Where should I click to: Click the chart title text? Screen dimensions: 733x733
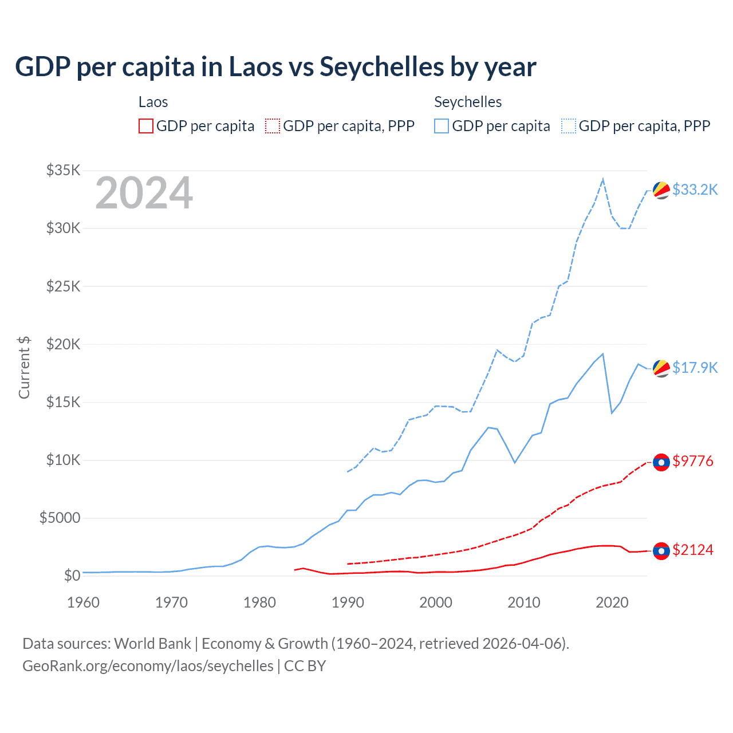point(275,67)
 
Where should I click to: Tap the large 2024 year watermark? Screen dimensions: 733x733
point(144,193)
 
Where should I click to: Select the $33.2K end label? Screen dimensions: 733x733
point(695,190)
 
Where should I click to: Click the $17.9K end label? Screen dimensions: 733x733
point(695,368)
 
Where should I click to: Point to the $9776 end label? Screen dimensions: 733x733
point(693,461)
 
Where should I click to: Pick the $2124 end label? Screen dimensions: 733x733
point(693,550)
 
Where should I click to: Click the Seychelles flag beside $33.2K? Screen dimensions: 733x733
point(661,191)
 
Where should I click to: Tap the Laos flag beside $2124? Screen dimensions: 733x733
point(661,551)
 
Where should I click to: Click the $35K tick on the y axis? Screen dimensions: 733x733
point(64,170)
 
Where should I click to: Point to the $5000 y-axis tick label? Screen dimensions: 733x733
point(60,518)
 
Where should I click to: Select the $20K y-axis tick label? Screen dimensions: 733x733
point(64,344)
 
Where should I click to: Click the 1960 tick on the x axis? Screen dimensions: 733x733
point(84,602)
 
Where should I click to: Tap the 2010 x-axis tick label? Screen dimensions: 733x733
point(524,602)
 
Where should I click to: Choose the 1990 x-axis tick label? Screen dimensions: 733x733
point(348,602)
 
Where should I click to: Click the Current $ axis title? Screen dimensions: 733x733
point(24,368)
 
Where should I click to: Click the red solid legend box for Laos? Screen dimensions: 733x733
point(146,126)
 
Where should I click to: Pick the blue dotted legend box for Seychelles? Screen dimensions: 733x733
point(569,126)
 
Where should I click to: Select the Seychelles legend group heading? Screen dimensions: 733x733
point(468,102)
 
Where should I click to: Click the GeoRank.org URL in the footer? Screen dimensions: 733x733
point(148,666)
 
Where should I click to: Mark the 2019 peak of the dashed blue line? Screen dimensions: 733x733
point(603,179)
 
